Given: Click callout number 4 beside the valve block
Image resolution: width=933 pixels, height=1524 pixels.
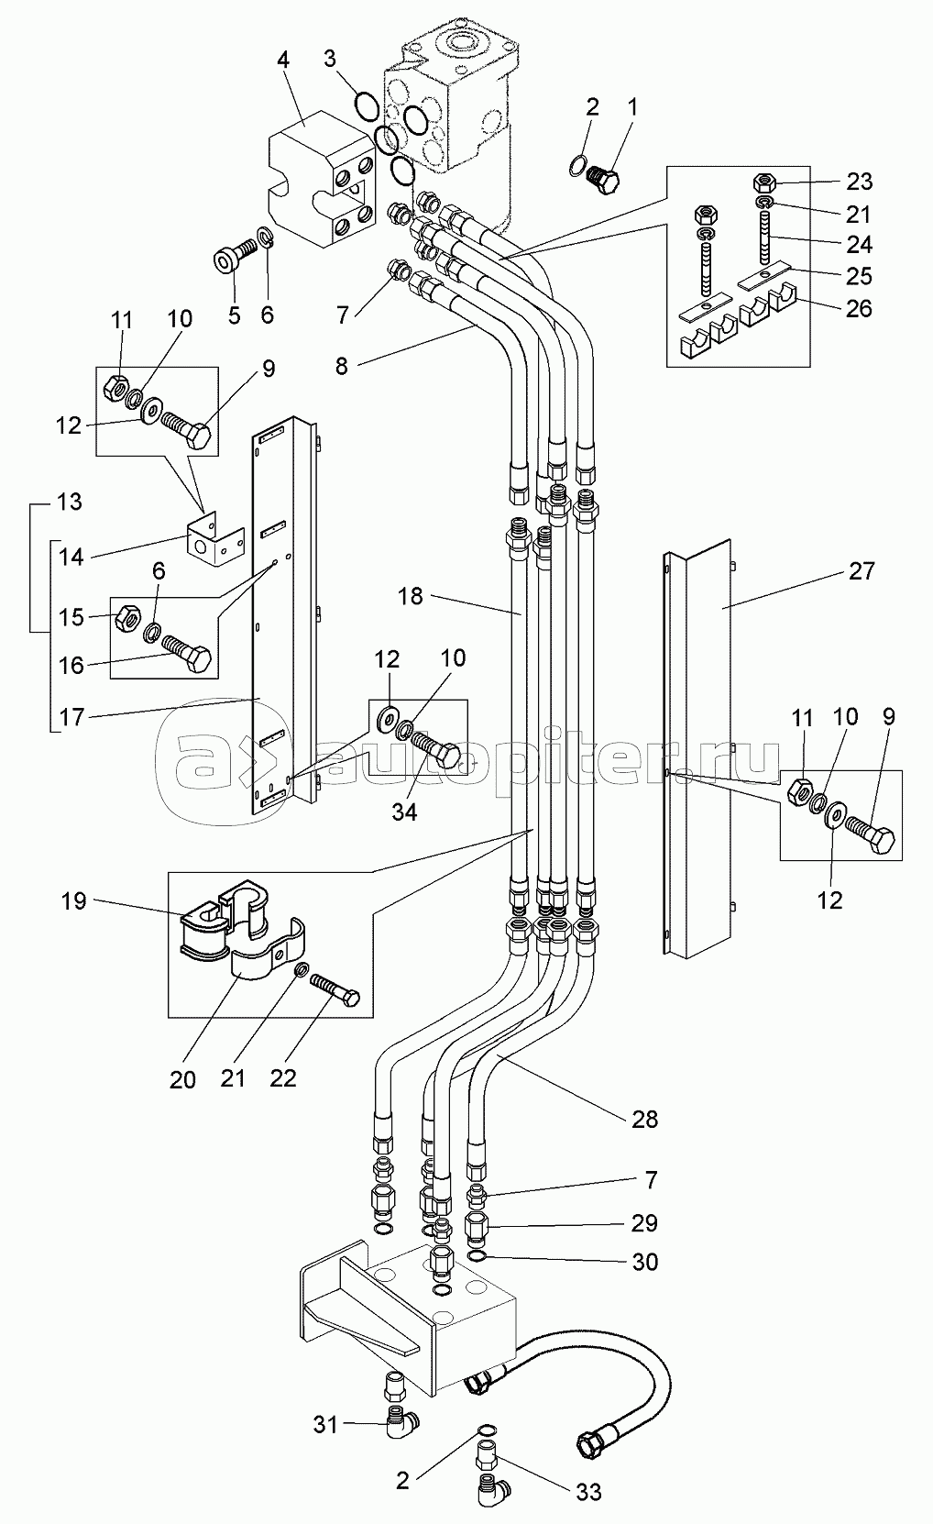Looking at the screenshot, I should click(x=283, y=61).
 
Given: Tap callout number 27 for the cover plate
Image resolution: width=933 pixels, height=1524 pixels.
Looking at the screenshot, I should click(x=861, y=571).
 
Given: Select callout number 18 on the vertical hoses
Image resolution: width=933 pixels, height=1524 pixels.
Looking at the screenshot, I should click(x=411, y=596).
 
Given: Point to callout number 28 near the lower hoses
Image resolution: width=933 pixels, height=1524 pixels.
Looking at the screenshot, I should click(x=644, y=1119).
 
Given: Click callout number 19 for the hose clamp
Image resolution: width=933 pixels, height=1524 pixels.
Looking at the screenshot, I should click(x=74, y=900).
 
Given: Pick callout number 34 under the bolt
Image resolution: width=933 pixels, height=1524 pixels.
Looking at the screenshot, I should click(x=404, y=812).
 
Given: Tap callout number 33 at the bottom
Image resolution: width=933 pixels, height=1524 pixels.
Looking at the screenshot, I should click(x=589, y=1493).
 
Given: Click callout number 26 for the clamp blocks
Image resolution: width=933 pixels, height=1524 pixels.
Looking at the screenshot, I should click(x=859, y=307).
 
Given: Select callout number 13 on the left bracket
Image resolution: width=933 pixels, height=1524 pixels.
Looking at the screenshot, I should click(x=69, y=502).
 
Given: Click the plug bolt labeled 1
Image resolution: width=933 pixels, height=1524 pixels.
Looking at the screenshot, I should click(x=601, y=176).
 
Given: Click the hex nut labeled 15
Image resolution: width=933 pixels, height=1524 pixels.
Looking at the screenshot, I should click(x=126, y=620).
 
